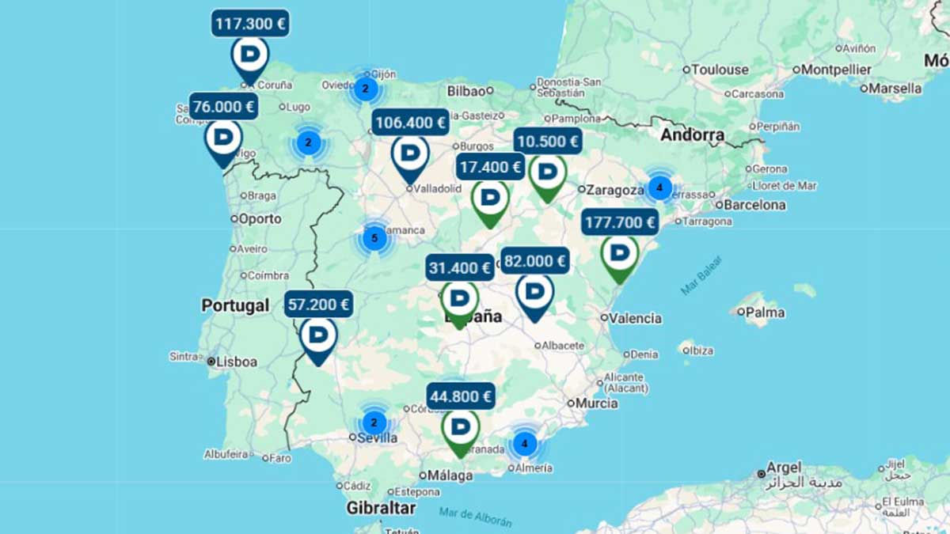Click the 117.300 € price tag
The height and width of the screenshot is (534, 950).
click(250, 23)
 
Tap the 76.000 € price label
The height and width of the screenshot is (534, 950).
click(224, 106)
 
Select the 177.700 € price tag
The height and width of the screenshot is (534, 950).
click(620, 222)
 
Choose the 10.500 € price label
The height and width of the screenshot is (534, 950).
click(547, 142)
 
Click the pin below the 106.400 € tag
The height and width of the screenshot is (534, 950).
click(410, 156)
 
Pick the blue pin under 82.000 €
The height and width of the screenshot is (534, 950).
click(534, 294)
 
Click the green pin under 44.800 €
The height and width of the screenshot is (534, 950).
click(460, 429)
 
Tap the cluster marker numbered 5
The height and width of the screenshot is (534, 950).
click(374, 237)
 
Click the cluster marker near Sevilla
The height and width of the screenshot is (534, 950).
click(374, 422)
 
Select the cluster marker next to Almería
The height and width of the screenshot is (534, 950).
click(524, 444)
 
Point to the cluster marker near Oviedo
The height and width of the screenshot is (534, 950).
click(365, 89)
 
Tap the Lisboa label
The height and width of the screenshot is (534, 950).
click(237, 362)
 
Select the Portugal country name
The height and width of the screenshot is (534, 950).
click(235, 305)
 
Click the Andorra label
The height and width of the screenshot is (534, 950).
click(693, 135)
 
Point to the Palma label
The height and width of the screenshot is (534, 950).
click(765, 312)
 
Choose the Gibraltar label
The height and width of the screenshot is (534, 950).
click(381, 508)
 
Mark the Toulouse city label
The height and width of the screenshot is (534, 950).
click(720, 70)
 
